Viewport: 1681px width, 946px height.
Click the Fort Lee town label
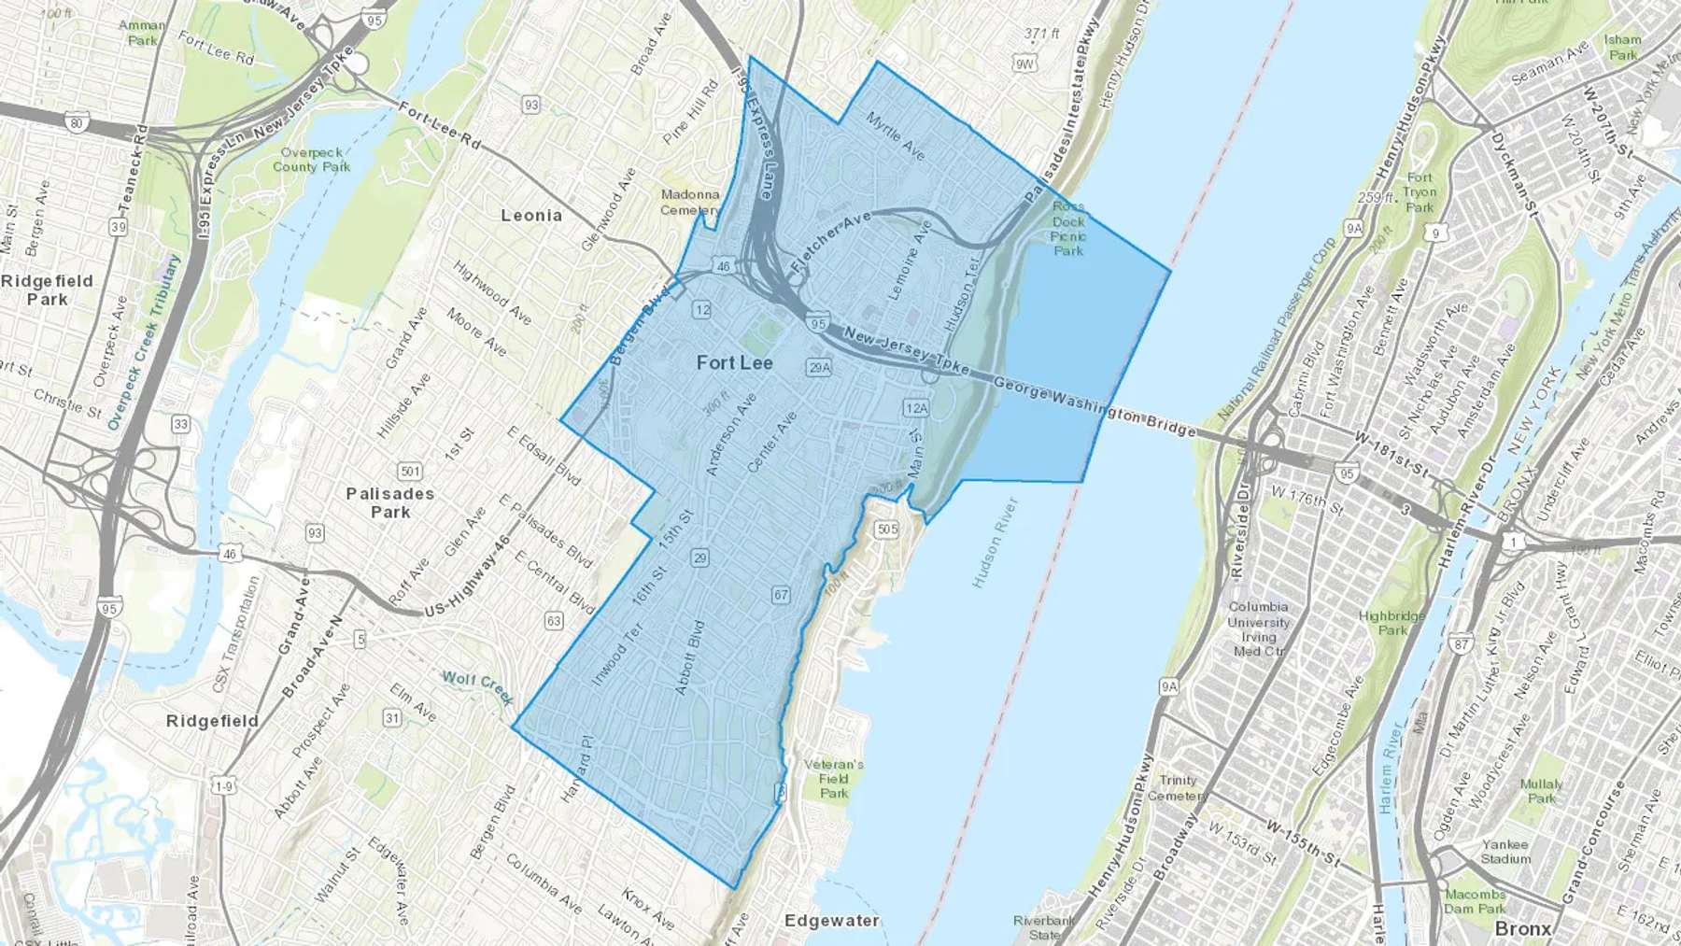[734, 363]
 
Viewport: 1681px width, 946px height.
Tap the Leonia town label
[531, 216]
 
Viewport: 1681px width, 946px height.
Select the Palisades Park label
[390, 502]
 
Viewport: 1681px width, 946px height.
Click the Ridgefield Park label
[47, 290]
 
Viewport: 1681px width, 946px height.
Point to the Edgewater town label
[831, 921]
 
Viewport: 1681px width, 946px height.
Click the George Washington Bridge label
[1094, 407]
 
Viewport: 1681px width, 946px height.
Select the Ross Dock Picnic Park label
[1068, 229]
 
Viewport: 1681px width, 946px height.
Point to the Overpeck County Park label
[312, 160]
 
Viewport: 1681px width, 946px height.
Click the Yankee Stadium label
[1505, 852]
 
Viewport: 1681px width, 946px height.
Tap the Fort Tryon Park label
[1420, 192]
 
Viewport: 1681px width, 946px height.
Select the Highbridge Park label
[1391, 623]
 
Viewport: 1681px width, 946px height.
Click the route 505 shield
[886, 529]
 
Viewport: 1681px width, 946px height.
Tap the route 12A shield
[916, 408]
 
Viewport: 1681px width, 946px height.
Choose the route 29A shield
[819, 368]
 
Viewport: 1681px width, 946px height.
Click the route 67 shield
[781, 595]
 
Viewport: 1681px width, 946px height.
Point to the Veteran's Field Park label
[834, 779]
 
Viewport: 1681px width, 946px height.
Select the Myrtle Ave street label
[895, 135]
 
